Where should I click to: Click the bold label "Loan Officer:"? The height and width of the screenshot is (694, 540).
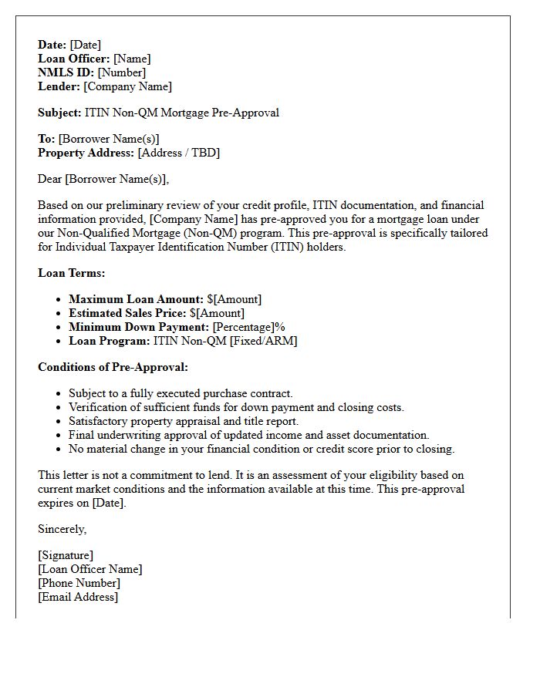[x=74, y=59]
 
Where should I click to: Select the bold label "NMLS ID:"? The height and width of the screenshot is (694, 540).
[x=66, y=72]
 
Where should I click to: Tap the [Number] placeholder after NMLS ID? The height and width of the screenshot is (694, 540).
[x=122, y=72]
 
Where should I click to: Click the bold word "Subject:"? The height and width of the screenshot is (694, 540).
[x=59, y=113]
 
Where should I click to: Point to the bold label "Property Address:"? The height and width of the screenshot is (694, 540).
[x=86, y=153]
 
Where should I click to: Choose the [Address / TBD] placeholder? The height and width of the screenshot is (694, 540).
[x=179, y=153]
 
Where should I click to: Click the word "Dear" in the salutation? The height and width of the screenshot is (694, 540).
[x=50, y=179]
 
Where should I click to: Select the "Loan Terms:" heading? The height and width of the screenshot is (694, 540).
[x=72, y=273]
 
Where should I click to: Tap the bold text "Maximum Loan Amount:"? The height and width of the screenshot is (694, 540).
[x=136, y=299]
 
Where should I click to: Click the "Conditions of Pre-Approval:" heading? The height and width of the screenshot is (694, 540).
[x=113, y=367]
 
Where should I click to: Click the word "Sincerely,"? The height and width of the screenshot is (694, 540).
[x=62, y=529]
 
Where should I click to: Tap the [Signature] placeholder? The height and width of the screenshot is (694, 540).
[x=66, y=555]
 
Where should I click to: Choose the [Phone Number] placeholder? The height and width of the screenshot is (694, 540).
[x=79, y=583]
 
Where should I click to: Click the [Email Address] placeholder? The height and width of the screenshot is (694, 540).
[x=78, y=597]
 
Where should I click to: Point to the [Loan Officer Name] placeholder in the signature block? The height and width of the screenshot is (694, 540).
[x=90, y=569]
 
